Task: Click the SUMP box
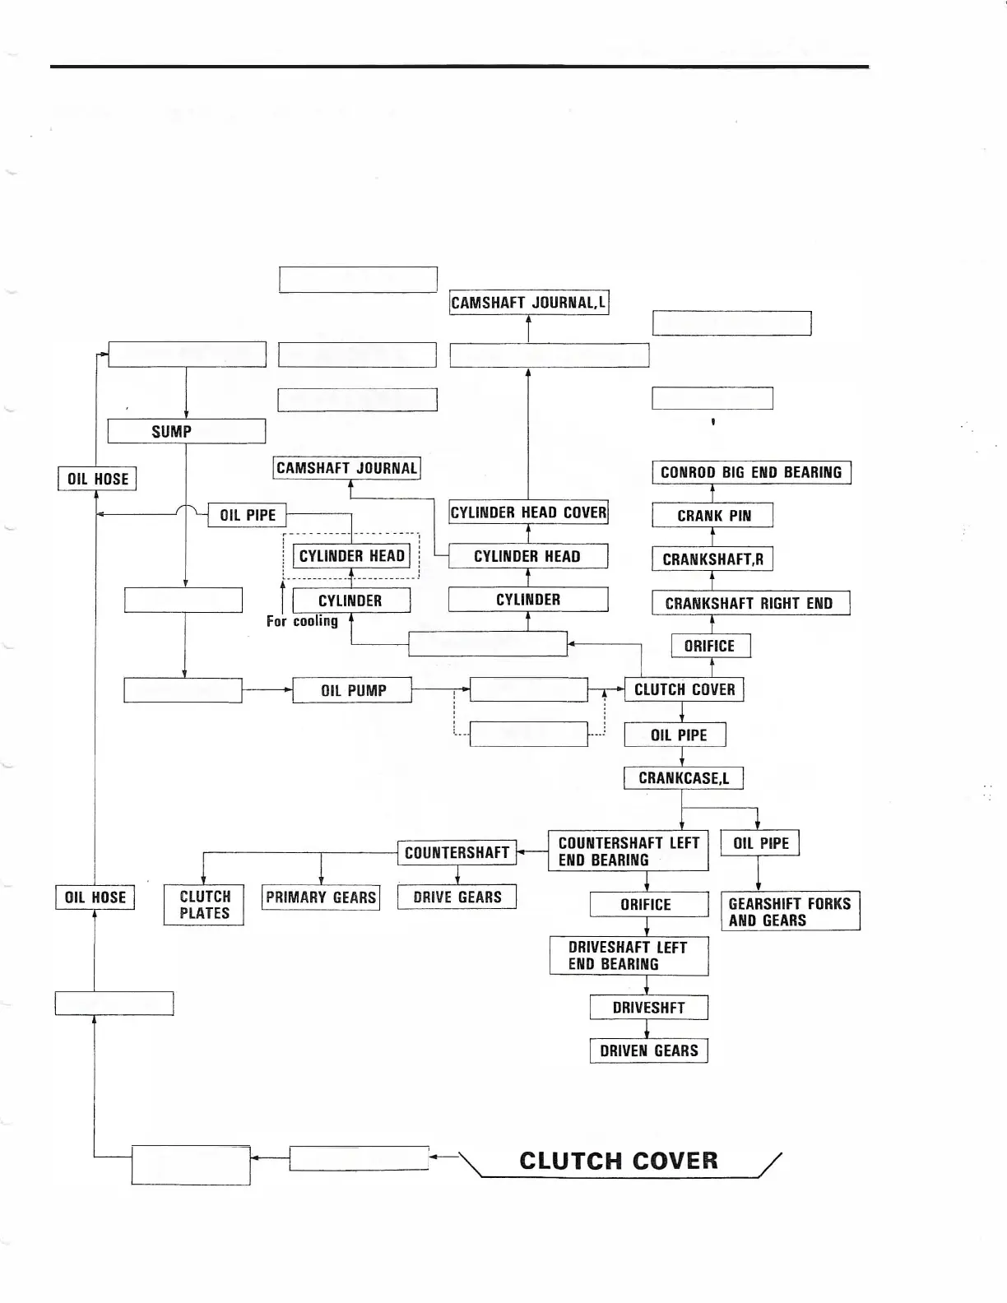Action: point(186,431)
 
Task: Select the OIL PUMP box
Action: point(352,690)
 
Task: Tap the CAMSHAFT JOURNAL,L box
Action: point(528,303)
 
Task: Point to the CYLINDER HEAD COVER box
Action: point(528,512)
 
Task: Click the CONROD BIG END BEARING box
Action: point(751,472)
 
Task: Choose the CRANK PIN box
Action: point(712,516)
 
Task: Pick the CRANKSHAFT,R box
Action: point(712,559)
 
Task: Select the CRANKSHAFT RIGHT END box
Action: point(750,603)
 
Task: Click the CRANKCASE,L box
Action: point(683,778)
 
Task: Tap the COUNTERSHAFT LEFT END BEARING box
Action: point(628,851)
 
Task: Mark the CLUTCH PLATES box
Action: point(204,905)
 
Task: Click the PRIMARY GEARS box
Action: point(321,897)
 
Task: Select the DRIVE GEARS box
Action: point(457,897)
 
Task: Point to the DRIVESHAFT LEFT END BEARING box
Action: point(629,956)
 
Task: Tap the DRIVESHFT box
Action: point(648,1008)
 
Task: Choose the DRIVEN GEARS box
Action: point(648,1050)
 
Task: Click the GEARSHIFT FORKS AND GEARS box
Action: point(790,911)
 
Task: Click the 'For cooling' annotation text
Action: point(302,621)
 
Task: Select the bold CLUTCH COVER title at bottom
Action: point(619,1161)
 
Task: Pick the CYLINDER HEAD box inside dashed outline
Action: point(351,556)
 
